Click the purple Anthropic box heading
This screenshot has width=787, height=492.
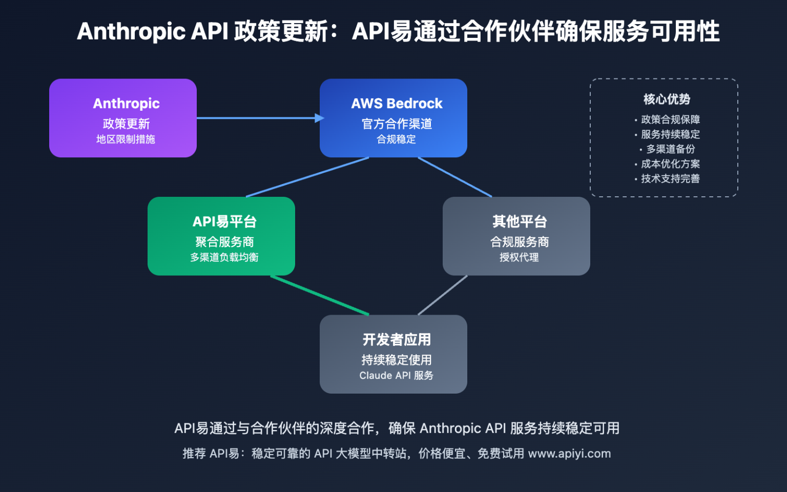126,104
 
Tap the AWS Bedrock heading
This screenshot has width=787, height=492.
397,104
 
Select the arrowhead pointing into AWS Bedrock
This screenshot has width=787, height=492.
320,118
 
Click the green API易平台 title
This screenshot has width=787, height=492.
224,221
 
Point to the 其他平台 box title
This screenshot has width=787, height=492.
520,221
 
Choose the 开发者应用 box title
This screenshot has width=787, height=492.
397,339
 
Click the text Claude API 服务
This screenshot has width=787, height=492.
396,376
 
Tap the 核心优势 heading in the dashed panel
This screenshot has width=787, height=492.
667,99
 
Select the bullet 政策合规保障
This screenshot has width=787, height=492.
670,119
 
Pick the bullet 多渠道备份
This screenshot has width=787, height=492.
670,149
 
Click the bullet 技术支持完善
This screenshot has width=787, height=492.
670,179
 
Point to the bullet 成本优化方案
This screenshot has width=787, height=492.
670,164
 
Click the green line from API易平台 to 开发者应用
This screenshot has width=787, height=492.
319,295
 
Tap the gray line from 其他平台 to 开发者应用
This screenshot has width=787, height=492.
443,295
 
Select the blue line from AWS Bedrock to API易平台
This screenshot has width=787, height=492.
307,177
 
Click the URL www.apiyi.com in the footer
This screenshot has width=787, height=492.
569,454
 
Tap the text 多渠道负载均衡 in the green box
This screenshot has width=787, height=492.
224,257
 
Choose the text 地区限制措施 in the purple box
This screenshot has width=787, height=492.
126,139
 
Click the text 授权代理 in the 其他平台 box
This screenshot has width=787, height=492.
519,257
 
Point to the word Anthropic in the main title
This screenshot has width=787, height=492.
131,31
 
